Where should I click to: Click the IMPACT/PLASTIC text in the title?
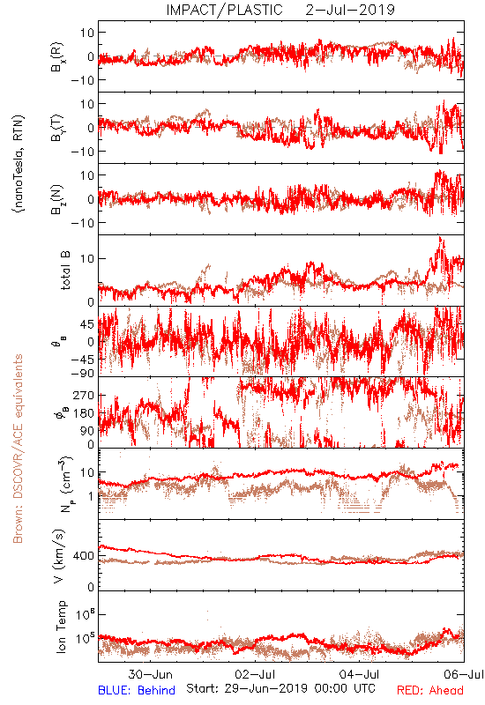(x=225, y=10)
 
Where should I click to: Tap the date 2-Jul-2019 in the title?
(x=350, y=10)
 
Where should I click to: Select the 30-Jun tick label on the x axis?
(x=150, y=674)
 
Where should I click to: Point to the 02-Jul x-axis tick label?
(x=256, y=674)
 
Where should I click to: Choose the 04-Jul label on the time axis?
(x=360, y=674)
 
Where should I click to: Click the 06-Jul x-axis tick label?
(x=464, y=674)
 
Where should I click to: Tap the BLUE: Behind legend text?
(x=137, y=691)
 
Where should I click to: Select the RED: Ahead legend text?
(x=430, y=691)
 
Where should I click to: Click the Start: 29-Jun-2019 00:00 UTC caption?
(x=280, y=688)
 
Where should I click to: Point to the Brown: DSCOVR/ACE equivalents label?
(x=18, y=449)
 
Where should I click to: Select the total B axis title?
(x=65, y=271)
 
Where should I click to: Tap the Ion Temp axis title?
(x=61, y=627)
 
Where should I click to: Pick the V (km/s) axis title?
(x=59, y=557)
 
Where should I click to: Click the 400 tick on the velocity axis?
(x=84, y=556)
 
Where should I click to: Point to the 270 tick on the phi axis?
(x=84, y=396)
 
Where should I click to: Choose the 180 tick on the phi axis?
(x=84, y=413)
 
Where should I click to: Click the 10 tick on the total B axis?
(x=87, y=259)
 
